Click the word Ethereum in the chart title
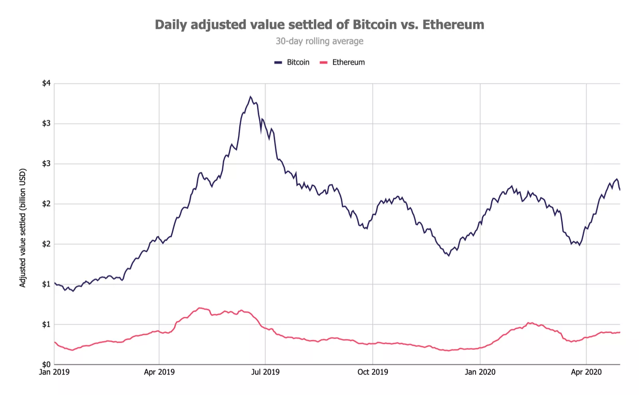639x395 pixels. click(453, 25)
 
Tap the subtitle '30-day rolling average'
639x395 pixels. click(319, 41)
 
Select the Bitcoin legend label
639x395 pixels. click(298, 62)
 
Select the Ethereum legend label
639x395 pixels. click(348, 62)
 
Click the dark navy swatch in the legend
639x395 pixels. click(278, 63)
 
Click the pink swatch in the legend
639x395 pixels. click(324, 63)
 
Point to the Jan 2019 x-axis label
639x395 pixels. click(54, 372)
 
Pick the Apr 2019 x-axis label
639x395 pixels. click(159, 372)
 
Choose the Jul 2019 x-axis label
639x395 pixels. click(265, 372)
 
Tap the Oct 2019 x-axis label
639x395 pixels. click(373, 372)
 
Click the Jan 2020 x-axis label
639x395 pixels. click(480, 372)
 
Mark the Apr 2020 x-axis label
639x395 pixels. click(586, 372)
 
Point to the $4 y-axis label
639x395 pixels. click(46, 83)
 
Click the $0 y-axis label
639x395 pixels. click(46, 364)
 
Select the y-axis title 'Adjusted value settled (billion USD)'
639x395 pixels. click(23, 228)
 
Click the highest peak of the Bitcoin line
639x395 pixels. click(250, 97)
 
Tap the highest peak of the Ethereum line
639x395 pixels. click(199, 308)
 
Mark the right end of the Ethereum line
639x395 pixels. click(619, 332)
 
